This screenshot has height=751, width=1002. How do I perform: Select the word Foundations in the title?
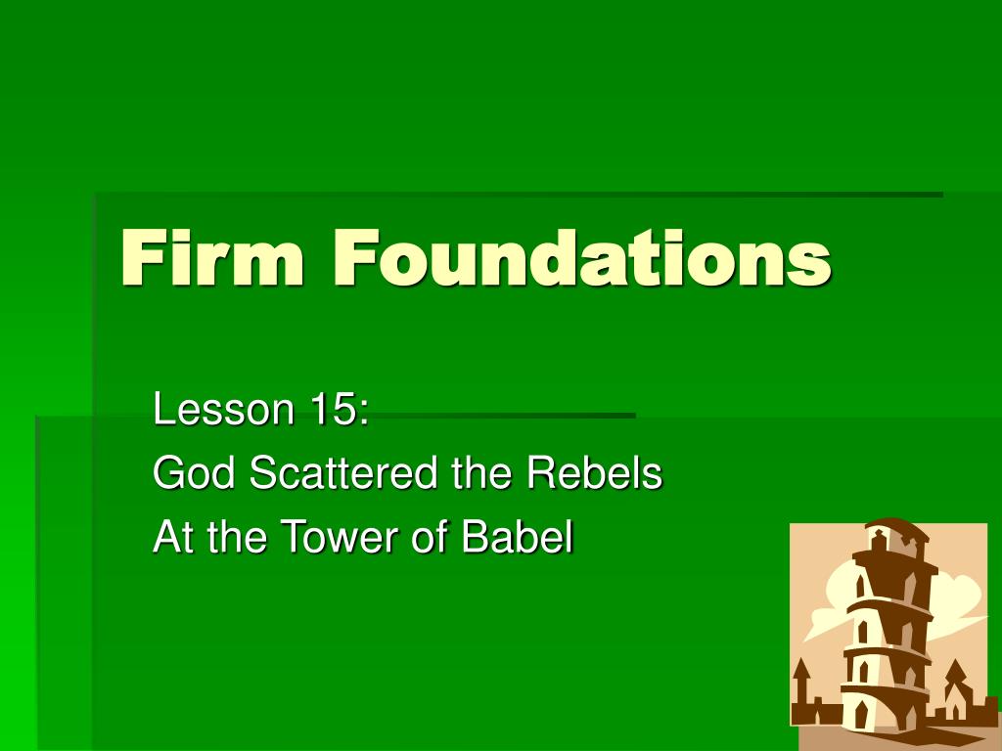581,259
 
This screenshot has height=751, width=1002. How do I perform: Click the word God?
194,474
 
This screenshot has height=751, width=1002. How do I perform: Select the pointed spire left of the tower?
801,674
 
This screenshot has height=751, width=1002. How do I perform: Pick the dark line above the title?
519,195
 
